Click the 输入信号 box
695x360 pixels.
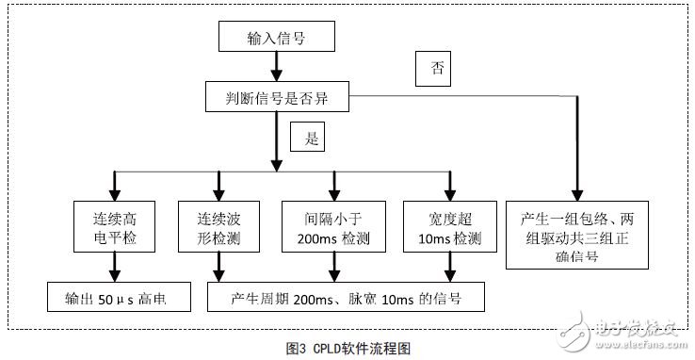(276, 37)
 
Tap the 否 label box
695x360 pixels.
(434, 69)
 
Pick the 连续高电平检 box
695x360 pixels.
(112, 227)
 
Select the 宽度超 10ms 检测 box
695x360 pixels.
(448, 227)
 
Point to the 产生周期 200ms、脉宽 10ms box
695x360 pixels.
(345, 298)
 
